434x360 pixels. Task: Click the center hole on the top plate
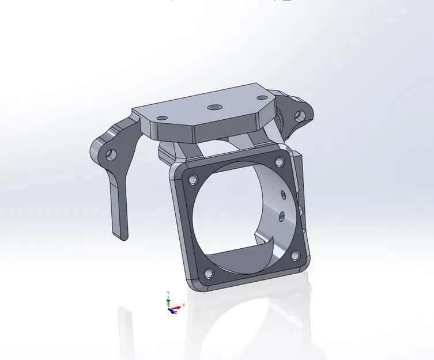214,107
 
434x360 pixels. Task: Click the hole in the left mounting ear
110,154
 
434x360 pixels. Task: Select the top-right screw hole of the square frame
280,162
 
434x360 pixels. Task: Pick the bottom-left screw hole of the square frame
208,272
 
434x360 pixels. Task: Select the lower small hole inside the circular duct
282,215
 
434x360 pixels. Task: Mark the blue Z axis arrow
171,312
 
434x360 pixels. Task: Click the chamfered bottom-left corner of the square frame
193,283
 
